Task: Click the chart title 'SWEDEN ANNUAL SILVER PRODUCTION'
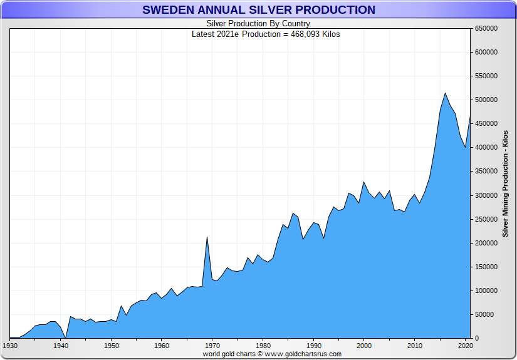click(258, 10)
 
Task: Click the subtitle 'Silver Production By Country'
click(258, 24)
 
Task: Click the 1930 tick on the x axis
click(10, 345)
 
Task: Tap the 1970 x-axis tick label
click(212, 345)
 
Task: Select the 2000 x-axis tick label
click(363, 345)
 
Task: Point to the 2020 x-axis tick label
click(464, 345)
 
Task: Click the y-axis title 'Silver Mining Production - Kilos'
click(505, 184)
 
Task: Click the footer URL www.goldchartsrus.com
click(303, 354)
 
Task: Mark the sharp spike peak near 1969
click(207, 237)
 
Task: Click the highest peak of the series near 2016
click(445, 93)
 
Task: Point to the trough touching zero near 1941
click(65, 337)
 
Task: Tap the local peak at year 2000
click(363, 182)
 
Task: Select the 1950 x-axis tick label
click(111, 345)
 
